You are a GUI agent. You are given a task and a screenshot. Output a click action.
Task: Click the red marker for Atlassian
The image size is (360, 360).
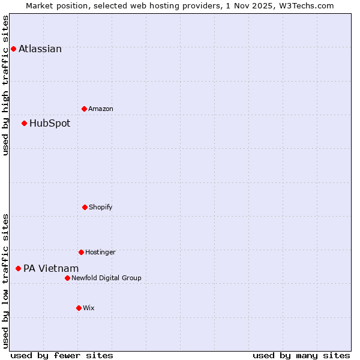click(x=13, y=49)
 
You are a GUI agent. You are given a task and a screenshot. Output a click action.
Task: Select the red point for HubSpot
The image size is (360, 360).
click(x=24, y=123)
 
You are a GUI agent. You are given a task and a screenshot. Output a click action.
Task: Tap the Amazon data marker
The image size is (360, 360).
click(x=84, y=109)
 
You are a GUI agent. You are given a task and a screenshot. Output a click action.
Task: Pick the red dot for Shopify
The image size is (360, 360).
click(x=85, y=207)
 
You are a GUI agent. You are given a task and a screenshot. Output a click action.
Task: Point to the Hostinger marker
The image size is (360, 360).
click(x=81, y=252)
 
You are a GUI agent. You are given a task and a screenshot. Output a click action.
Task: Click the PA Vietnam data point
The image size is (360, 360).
click(x=18, y=268)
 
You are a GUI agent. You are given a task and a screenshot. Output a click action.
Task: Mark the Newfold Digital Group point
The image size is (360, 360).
click(x=67, y=278)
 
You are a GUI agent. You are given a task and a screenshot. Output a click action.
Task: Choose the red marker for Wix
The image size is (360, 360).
click(x=79, y=308)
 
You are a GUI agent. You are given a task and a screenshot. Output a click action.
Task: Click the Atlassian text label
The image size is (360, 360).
click(x=40, y=49)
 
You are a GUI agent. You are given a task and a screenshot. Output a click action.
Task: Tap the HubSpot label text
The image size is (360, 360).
click(x=50, y=124)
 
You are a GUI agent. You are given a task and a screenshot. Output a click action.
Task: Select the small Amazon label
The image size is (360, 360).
click(x=101, y=109)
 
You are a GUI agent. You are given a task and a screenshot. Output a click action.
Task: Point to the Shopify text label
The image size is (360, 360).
click(x=101, y=208)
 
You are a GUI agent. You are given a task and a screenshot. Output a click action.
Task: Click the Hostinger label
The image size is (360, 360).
click(x=100, y=253)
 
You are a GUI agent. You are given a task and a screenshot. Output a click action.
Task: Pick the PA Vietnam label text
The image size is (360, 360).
click(x=51, y=269)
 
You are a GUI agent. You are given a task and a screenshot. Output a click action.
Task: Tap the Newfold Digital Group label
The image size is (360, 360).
click(x=106, y=278)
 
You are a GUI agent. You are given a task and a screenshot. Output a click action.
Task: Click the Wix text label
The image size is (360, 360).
click(x=89, y=308)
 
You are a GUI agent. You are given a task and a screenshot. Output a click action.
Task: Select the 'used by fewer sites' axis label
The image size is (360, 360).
click(x=62, y=355)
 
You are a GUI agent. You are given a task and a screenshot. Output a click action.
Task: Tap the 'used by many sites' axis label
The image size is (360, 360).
click(x=301, y=355)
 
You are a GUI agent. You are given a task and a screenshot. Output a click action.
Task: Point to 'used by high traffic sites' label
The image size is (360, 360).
click(x=5, y=85)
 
